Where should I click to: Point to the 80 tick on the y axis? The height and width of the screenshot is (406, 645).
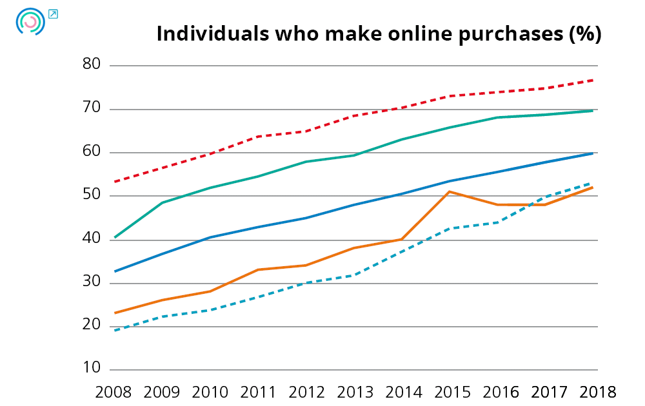92,64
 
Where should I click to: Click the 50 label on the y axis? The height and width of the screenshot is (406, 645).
92,195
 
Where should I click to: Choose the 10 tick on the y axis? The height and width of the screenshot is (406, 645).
92,369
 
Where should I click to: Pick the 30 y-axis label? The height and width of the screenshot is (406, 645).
92,282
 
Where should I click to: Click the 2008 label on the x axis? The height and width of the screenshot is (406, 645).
114,392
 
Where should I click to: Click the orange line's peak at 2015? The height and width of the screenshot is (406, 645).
450,191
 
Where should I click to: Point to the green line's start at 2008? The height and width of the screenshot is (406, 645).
114,238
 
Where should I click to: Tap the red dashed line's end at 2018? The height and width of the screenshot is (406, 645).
593,81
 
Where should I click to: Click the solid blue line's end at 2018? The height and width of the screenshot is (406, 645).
593,153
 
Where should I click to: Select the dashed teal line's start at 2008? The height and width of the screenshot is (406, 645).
114,331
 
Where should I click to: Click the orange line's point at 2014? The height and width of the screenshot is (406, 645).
402,239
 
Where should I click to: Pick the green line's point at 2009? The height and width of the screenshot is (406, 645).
162,202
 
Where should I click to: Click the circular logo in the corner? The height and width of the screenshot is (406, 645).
30,21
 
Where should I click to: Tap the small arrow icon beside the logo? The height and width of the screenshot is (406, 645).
53,14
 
